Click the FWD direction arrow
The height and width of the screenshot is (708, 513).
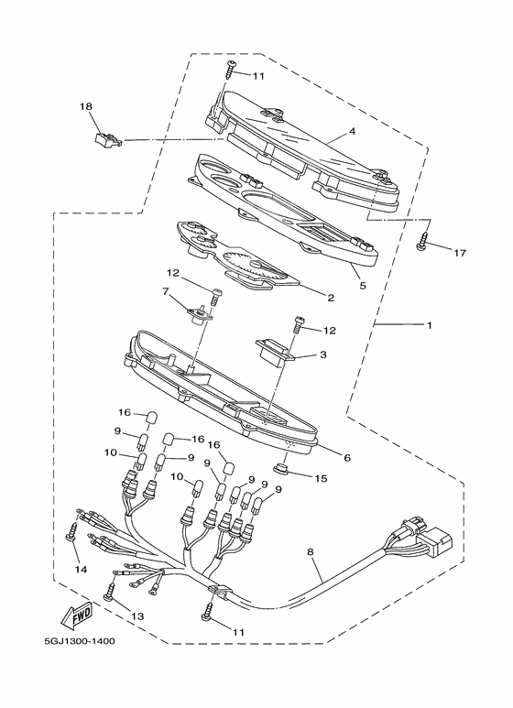(x=77, y=616)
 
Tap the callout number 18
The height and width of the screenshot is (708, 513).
(x=86, y=106)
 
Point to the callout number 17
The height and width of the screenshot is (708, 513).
(x=460, y=253)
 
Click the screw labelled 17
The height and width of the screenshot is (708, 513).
(x=422, y=240)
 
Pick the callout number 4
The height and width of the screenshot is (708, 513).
(x=352, y=131)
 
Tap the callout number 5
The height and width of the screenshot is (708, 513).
(x=362, y=286)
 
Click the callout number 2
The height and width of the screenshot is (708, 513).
(x=331, y=298)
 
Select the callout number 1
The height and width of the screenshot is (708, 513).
(x=430, y=324)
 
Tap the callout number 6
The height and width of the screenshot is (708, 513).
(x=347, y=458)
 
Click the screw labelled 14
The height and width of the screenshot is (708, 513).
(x=71, y=532)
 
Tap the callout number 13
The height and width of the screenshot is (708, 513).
(x=137, y=615)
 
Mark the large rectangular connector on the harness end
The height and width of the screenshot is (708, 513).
(x=436, y=540)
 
